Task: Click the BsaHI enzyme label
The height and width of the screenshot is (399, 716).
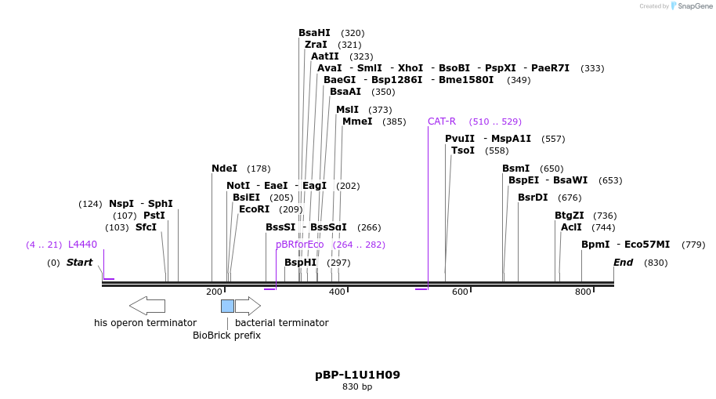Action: (314, 33)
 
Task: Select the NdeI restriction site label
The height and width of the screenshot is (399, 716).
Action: (224, 169)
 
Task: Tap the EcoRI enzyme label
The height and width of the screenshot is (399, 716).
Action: (254, 209)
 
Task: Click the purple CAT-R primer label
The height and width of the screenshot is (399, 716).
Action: (442, 122)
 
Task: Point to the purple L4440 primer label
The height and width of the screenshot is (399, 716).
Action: (82, 245)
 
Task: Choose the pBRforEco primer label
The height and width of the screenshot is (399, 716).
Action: (299, 245)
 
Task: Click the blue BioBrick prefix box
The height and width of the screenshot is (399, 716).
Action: (227, 306)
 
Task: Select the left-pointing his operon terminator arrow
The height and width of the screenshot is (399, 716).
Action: (146, 306)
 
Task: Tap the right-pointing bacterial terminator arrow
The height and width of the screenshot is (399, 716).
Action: (248, 306)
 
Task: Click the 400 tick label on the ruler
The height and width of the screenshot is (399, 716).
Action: (337, 292)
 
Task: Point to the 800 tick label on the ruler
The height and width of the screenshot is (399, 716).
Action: (583, 292)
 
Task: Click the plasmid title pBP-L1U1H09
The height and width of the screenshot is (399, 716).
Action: (357, 375)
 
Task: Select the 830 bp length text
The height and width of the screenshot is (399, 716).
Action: (357, 387)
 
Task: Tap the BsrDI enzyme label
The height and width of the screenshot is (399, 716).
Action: (533, 198)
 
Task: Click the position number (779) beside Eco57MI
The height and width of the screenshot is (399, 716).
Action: (693, 245)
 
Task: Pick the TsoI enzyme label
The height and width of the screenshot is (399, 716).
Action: (463, 151)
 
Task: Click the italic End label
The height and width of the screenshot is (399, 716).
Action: (623, 263)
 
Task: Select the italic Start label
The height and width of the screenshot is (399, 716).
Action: (79, 263)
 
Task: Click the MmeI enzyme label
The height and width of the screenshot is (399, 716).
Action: (357, 122)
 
